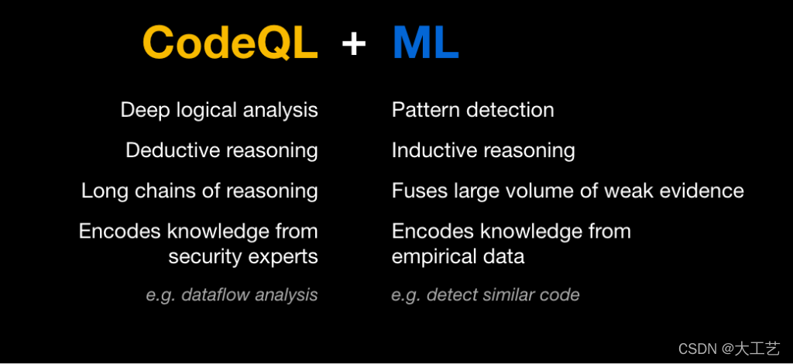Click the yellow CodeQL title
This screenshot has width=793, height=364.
(231, 43)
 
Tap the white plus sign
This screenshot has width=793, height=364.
(354, 44)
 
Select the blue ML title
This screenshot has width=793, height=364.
(426, 43)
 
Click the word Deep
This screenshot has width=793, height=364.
(138, 110)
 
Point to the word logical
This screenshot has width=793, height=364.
(197, 111)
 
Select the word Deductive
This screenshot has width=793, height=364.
(171, 151)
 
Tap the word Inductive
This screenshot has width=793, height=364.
(433, 151)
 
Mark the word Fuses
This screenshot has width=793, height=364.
(419, 191)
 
